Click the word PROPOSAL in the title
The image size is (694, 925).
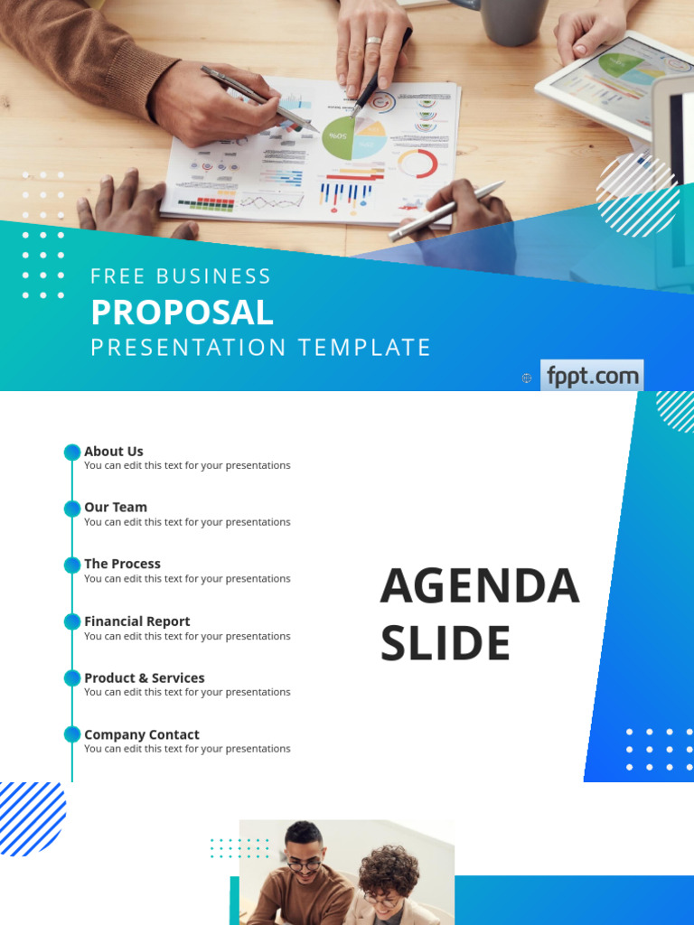[x=182, y=313]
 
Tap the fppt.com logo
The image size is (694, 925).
[x=592, y=376]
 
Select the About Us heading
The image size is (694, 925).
[x=114, y=452]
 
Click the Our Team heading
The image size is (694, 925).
[x=116, y=508]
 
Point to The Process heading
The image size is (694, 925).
[x=122, y=564]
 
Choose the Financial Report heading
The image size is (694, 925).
[x=137, y=621]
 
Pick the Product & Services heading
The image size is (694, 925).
[x=145, y=678]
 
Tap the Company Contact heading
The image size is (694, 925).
[x=142, y=735]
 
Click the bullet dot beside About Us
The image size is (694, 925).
[x=72, y=453]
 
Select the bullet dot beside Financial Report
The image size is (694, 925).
[x=72, y=621]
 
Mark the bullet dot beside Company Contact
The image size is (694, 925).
[x=72, y=735]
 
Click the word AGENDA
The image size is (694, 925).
[x=479, y=586]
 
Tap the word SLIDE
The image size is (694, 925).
[x=445, y=644]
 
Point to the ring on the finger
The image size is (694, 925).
[x=372, y=42]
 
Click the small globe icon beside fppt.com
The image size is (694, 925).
[x=527, y=378]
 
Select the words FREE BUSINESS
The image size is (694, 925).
[x=181, y=276]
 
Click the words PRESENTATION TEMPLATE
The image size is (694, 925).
[x=260, y=348]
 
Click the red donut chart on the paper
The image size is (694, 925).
[x=417, y=164]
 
